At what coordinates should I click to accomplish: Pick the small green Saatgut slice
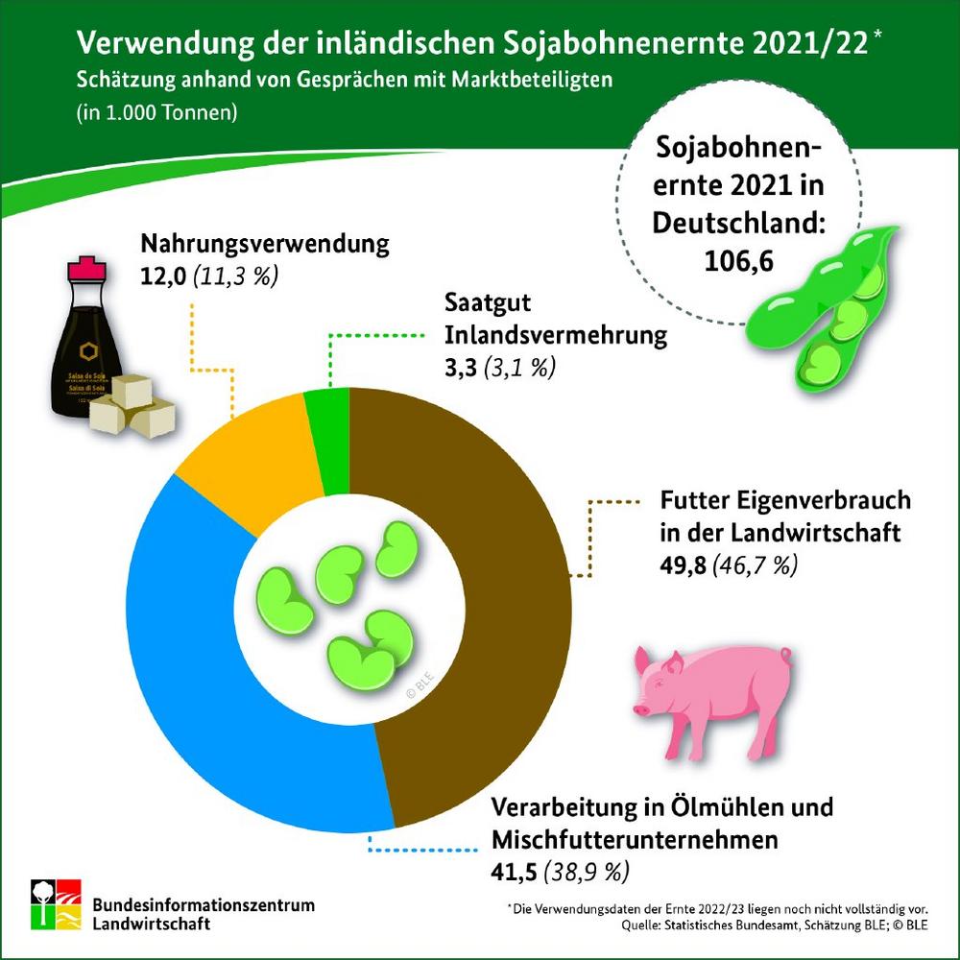click(x=326, y=422)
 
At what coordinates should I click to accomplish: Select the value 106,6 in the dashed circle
click(x=739, y=260)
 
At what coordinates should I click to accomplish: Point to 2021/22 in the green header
click(x=826, y=44)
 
